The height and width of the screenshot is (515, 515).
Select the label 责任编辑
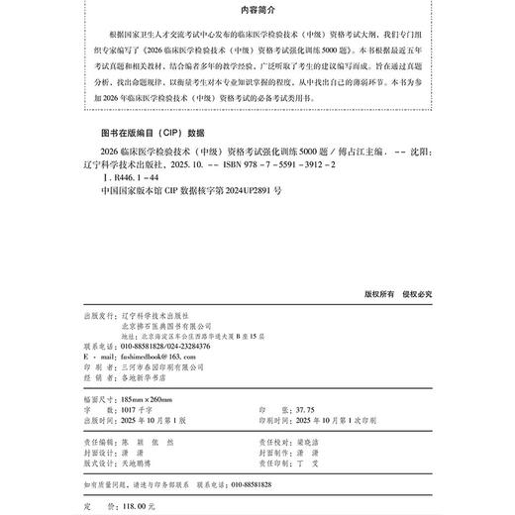coord(102,431)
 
